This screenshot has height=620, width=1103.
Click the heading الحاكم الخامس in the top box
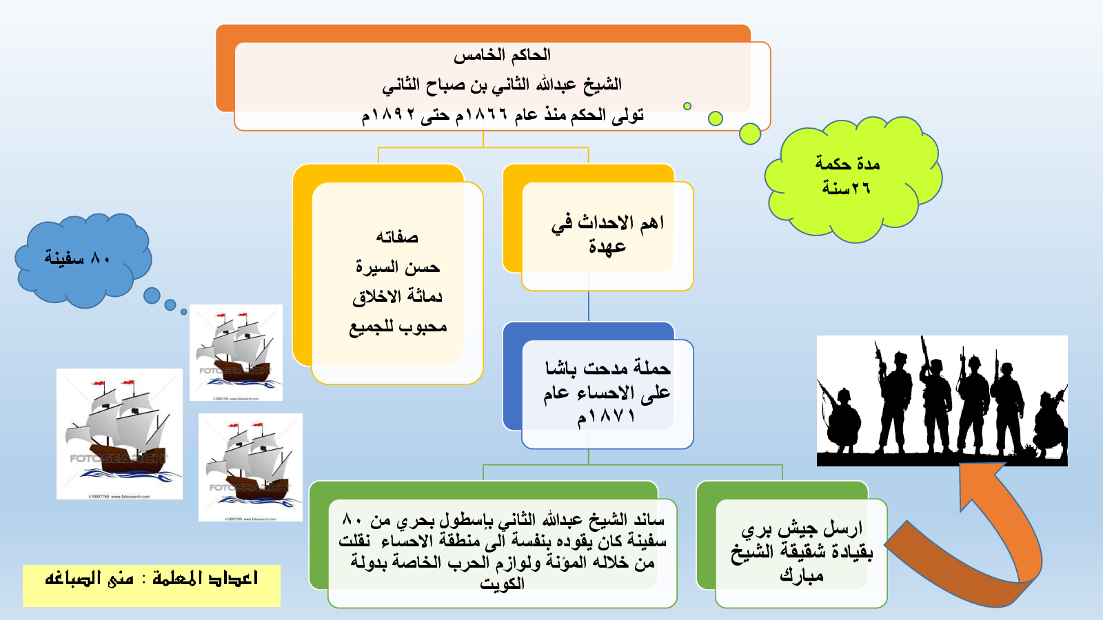pos(502,55)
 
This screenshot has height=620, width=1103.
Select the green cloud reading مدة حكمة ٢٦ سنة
pos(853,179)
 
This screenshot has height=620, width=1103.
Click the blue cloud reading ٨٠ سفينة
pos(83,260)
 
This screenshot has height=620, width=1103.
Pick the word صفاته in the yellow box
pos(397,237)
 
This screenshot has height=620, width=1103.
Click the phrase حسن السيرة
pos(397,267)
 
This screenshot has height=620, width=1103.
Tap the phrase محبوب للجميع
pos(398,327)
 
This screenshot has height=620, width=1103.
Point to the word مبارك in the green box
pos(801,575)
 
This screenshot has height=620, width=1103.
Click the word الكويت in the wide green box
pos(503,583)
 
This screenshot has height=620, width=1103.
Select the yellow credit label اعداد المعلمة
pos(152,586)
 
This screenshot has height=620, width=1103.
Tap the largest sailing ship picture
pos(120,434)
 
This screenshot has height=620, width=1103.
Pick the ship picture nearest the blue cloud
pos(236,352)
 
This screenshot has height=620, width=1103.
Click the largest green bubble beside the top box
pos(750,134)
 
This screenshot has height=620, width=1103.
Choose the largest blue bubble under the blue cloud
pos(152,296)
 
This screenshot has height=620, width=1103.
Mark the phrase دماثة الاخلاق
pos(397,297)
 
